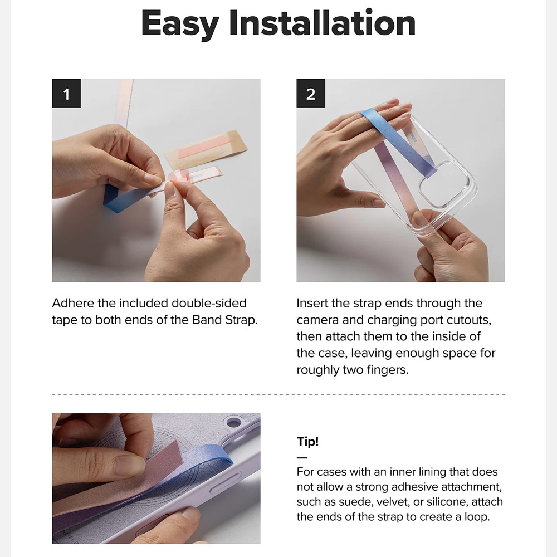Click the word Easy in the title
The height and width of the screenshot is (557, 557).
(180, 23)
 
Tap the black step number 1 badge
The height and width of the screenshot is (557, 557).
(66, 93)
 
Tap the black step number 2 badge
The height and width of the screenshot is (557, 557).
(311, 93)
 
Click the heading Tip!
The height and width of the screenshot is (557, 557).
(307, 441)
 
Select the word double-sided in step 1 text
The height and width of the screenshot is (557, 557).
(209, 303)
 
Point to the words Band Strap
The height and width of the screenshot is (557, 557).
(224, 320)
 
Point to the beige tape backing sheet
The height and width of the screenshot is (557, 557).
(206, 149)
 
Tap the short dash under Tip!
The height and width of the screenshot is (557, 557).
(302, 458)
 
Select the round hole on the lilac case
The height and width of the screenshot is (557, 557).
(233, 422)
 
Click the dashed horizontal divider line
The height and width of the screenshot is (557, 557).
(278, 394)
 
